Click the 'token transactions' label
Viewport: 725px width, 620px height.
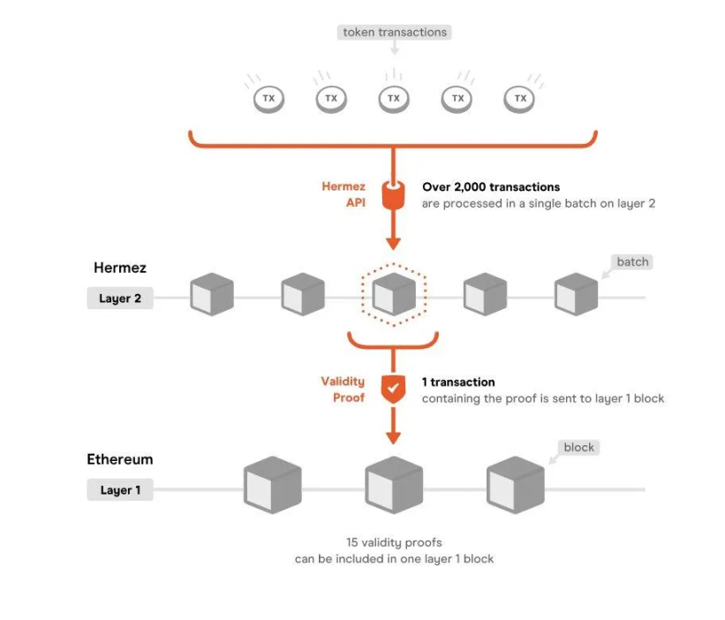click(x=395, y=33)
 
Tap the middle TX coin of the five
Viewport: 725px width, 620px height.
click(x=394, y=98)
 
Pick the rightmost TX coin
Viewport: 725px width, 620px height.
click(x=520, y=98)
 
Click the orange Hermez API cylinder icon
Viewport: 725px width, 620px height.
click(x=394, y=194)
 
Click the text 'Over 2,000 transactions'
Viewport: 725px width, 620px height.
click(x=491, y=187)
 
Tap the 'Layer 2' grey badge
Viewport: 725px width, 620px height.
click(x=120, y=299)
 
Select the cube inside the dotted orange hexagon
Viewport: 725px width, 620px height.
click(x=393, y=294)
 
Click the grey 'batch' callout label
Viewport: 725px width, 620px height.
click(x=632, y=262)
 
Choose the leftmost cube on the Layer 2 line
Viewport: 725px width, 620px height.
click(x=212, y=294)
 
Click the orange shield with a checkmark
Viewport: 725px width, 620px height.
click(x=394, y=389)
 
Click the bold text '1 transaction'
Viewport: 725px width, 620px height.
click(x=458, y=382)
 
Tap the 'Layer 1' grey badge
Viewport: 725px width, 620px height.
click(x=120, y=490)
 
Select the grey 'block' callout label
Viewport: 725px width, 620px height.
click(x=578, y=448)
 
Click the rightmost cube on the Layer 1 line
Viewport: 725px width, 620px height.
click(x=515, y=485)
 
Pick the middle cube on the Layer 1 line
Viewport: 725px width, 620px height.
click(x=394, y=485)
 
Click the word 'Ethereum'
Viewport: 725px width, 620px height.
click(x=120, y=459)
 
